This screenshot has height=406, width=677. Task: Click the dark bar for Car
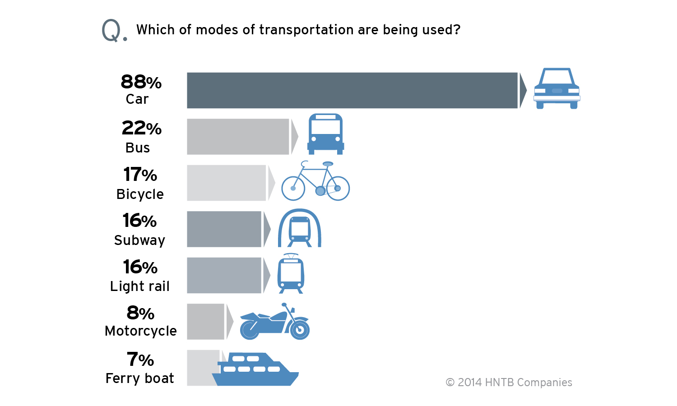pos(352,90)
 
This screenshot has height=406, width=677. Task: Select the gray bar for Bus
pos(238,137)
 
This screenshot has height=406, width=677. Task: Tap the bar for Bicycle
pos(226,183)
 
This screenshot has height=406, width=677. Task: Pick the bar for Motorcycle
pos(205,322)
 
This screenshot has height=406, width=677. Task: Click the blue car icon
pos(556,89)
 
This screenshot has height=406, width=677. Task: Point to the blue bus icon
pos(325,134)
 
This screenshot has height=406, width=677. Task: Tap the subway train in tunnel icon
pos(299,228)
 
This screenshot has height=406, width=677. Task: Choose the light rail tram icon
pos(291,274)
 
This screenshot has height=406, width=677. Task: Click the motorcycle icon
pos(274,322)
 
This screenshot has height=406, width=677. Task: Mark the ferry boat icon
pos(255,369)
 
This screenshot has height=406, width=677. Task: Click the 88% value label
pos(141,82)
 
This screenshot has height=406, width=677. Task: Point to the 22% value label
pos(141,128)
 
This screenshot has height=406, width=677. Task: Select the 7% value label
pos(140,360)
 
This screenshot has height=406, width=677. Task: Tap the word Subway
pos(139,240)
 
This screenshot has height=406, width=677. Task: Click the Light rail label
pos(140,286)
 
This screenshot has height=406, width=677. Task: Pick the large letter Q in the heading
pos(111,31)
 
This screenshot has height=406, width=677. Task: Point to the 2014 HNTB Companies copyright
pos(509,383)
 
